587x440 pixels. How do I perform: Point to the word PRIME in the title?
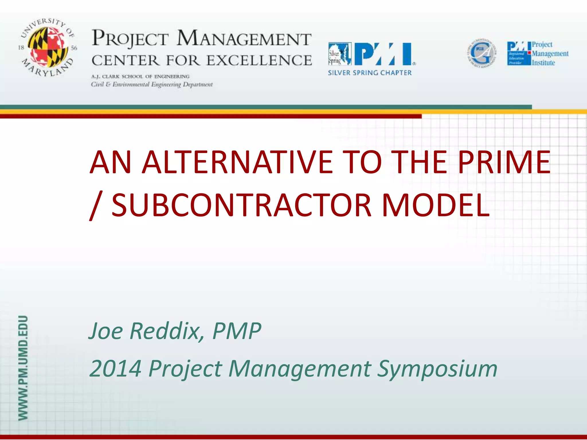click(x=504, y=162)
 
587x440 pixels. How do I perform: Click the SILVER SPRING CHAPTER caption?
click(x=370, y=73)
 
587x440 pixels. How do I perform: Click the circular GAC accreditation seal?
click(x=482, y=53)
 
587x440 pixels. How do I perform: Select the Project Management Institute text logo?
click(x=550, y=54)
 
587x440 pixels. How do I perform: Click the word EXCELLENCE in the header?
click(x=259, y=60)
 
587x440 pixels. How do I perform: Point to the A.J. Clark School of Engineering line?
click(x=140, y=76)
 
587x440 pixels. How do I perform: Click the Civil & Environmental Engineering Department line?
click(x=152, y=85)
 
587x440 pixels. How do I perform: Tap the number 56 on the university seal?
click(x=74, y=48)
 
